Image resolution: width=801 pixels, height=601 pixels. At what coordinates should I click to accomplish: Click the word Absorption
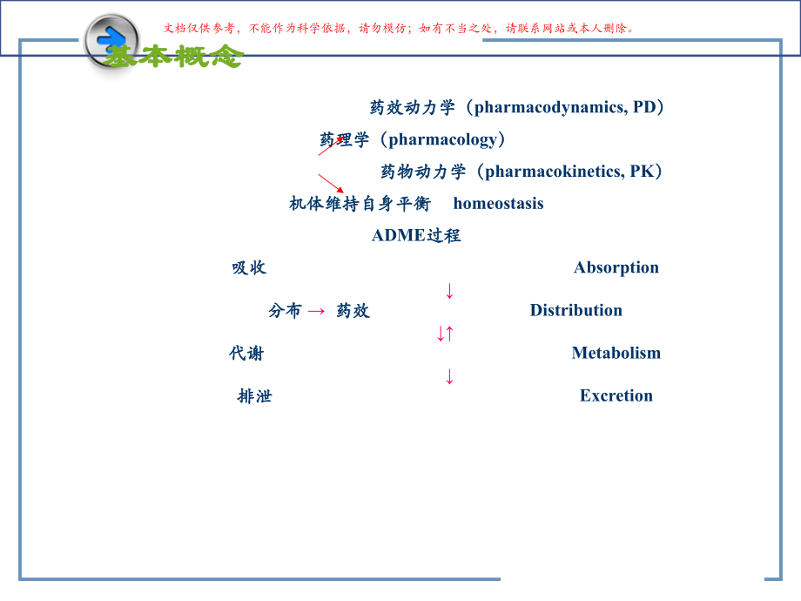point(616,267)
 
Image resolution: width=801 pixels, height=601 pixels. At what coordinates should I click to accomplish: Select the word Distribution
point(576,310)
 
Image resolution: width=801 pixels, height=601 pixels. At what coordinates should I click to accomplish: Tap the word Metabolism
point(616,353)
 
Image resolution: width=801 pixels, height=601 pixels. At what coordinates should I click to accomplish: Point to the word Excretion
point(616,395)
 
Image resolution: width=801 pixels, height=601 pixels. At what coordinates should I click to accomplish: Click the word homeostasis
point(498,204)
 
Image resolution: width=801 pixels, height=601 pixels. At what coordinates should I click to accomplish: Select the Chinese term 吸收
point(249,267)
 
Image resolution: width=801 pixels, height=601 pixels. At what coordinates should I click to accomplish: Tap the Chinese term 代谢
point(246,353)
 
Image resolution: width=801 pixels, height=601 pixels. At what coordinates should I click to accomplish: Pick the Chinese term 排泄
point(254,395)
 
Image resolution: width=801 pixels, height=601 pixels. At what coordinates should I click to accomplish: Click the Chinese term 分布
point(286,310)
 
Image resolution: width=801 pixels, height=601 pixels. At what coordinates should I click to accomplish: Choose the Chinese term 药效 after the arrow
point(353,310)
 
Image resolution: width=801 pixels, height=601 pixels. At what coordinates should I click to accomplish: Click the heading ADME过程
point(416,235)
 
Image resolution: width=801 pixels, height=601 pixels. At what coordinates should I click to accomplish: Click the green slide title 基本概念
point(174,57)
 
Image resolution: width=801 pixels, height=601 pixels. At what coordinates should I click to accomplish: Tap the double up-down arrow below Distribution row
point(446,333)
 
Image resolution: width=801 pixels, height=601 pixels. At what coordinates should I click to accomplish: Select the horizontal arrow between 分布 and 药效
point(317,311)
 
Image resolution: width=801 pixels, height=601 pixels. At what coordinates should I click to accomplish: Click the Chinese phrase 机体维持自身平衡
point(360,204)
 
